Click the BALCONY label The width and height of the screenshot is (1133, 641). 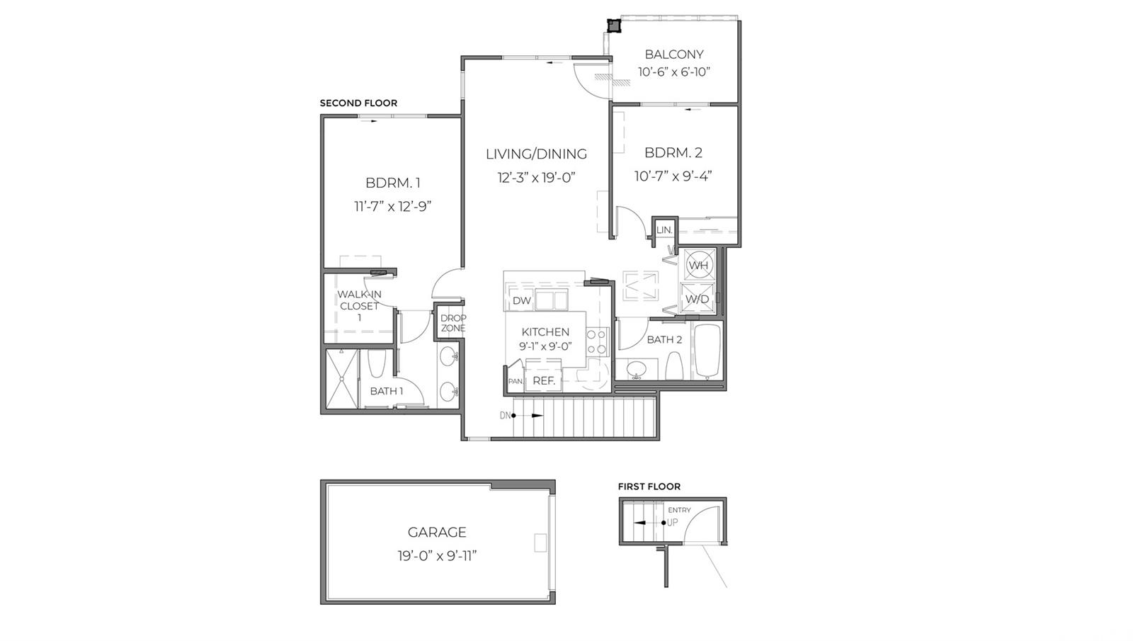[673, 54]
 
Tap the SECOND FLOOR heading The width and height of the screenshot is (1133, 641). [358, 103]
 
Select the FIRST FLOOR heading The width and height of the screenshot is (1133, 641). [649, 487]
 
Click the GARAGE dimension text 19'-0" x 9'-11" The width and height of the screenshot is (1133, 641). [437, 556]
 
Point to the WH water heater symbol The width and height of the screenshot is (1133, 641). [698, 265]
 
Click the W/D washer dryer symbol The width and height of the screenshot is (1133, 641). [697, 298]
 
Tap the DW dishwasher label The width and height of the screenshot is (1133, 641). [522, 300]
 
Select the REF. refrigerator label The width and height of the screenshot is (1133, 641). [544, 381]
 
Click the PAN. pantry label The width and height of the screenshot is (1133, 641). [516, 382]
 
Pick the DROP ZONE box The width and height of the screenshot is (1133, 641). [453, 323]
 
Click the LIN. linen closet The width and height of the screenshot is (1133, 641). [664, 230]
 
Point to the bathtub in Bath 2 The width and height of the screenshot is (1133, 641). [707, 351]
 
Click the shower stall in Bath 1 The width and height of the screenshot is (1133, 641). [342, 378]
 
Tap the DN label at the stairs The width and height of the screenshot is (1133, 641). [505, 416]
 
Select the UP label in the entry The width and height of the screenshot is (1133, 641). [672, 523]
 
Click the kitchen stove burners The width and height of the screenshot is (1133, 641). [597, 341]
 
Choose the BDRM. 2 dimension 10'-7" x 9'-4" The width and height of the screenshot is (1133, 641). [673, 176]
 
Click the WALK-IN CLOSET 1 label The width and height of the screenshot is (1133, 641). [359, 306]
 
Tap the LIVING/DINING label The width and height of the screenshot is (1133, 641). [536, 154]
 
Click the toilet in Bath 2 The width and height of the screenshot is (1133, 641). [673, 367]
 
